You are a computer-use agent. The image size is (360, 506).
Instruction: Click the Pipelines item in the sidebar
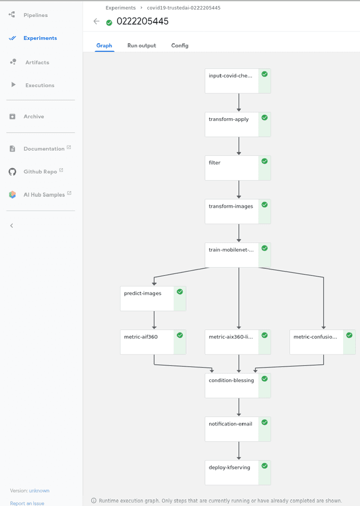click(x=35, y=15)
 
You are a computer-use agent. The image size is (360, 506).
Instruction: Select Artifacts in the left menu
click(x=37, y=62)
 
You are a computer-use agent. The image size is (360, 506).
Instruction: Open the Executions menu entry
click(x=39, y=86)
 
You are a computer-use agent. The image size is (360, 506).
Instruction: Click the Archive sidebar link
click(x=33, y=117)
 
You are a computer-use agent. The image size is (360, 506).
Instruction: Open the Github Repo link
click(x=40, y=172)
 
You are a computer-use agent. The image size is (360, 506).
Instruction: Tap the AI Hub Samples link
click(x=44, y=195)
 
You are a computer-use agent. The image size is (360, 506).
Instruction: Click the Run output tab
click(x=142, y=46)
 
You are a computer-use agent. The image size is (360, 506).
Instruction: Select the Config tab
click(x=179, y=46)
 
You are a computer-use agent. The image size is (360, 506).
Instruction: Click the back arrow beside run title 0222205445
click(x=96, y=21)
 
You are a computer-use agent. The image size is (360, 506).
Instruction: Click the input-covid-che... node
click(x=231, y=80)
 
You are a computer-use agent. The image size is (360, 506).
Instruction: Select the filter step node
click(x=231, y=168)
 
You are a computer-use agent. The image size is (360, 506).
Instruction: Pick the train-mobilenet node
click(x=231, y=255)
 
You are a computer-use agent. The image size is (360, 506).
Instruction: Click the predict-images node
click(x=147, y=298)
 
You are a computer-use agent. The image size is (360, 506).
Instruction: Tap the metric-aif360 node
click(x=147, y=342)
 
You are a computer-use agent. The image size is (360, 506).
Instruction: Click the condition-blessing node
click(x=231, y=386)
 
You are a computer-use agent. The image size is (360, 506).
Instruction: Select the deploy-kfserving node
click(x=231, y=472)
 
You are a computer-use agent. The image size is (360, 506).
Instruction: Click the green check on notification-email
click(x=264, y=422)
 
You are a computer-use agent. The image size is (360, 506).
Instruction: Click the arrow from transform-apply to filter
click(x=239, y=146)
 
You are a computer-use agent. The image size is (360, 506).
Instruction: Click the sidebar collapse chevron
click(x=12, y=226)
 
